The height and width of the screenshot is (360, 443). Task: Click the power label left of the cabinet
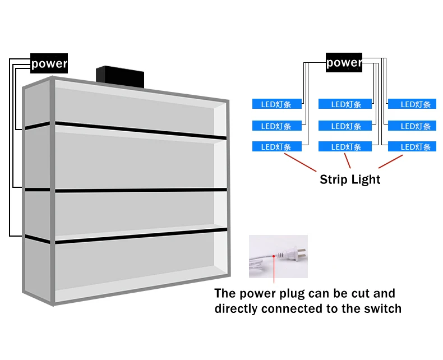[49, 63]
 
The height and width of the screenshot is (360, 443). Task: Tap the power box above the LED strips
[344, 62]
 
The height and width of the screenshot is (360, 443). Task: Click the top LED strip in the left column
[277, 104]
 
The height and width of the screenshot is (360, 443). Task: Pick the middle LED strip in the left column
[277, 126]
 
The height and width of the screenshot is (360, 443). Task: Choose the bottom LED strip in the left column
[277, 147]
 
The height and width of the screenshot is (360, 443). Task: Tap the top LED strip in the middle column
[345, 104]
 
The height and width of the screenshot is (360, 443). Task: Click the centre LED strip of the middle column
[345, 126]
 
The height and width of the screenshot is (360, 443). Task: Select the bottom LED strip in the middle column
[345, 147]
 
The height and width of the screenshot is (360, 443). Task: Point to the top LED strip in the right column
[412, 104]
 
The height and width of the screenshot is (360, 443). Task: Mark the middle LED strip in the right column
[412, 126]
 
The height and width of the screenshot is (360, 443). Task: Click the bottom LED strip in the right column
[412, 147]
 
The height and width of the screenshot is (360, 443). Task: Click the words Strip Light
[350, 180]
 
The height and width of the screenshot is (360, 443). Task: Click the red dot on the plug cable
[274, 256]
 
